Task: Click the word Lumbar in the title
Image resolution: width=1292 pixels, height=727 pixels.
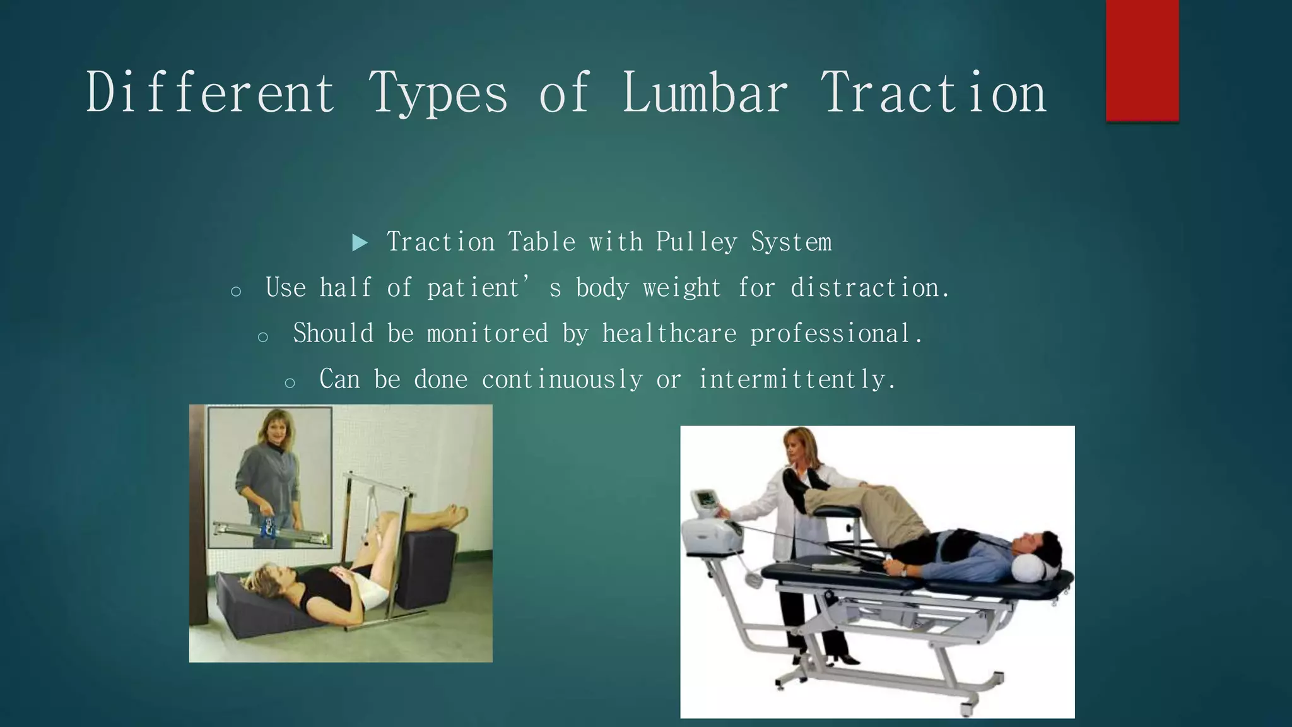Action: click(705, 93)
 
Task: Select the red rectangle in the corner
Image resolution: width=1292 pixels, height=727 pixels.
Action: click(1142, 60)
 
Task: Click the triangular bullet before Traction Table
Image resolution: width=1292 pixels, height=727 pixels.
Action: click(360, 242)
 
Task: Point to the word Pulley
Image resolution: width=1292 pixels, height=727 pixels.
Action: click(696, 242)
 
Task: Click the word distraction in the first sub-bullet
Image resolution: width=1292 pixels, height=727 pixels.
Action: click(869, 288)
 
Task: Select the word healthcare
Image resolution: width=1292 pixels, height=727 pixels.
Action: click(669, 334)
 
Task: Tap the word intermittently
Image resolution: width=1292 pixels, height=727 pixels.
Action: click(796, 380)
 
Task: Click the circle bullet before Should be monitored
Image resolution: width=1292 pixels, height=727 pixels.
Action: click(263, 337)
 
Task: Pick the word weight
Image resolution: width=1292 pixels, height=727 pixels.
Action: click(681, 288)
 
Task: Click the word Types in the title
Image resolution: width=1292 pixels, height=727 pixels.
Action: click(438, 93)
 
